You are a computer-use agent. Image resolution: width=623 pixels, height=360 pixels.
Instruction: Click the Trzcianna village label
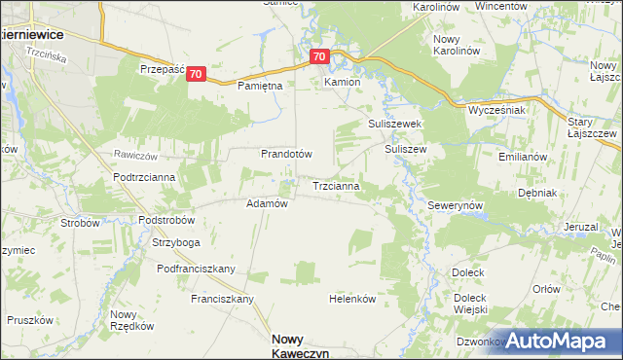coord(337,184)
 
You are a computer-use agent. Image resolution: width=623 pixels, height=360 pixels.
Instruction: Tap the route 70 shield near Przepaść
coord(197,74)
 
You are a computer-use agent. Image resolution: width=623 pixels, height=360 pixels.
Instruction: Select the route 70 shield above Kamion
coord(320,57)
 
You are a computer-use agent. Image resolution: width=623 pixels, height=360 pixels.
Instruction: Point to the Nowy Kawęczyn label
coord(299,345)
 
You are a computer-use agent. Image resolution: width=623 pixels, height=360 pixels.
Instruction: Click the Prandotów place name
coord(285,154)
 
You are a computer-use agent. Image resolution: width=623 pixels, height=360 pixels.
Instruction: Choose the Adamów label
coord(267,203)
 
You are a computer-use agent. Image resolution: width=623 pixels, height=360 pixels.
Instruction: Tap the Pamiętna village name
coord(260,86)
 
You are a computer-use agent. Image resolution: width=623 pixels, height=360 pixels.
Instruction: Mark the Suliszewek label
coord(393,125)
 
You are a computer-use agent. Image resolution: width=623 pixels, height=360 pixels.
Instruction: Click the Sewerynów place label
coord(456,206)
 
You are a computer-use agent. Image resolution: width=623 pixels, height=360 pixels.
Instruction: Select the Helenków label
coord(352,299)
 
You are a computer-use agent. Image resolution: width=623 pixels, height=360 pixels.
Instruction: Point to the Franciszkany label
coord(222,299)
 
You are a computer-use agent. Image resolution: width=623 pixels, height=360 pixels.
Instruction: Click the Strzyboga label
coord(175,242)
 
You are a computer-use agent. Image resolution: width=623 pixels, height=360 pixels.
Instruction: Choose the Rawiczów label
coord(135,155)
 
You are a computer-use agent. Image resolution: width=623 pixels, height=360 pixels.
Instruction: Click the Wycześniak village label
coord(496,110)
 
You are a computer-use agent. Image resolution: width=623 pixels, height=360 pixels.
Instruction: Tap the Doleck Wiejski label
coord(469,304)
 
